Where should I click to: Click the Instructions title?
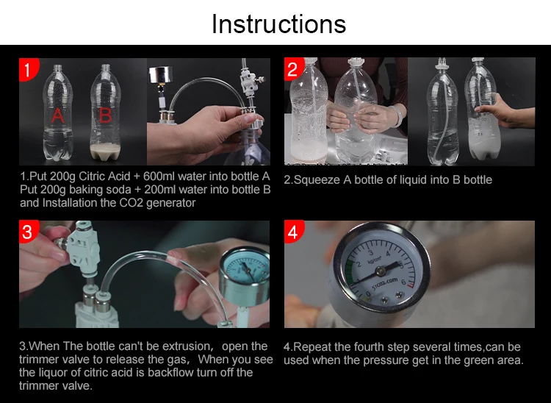(x=278, y=24)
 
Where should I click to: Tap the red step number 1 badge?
(x=28, y=69)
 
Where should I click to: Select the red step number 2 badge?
(x=293, y=69)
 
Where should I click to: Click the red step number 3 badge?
(x=28, y=232)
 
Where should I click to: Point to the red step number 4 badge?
(x=293, y=232)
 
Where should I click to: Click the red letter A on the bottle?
(x=58, y=115)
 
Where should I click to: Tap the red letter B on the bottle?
(x=105, y=115)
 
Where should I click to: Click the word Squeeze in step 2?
(x=317, y=180)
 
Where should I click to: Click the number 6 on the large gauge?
(x=403, y=282)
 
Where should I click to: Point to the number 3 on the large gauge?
(x=370, y=252)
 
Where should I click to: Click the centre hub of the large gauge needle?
(x=381, y=271)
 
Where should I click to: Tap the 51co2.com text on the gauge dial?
(x=385, y=283)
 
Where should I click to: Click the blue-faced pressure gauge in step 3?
(x=245, y=275)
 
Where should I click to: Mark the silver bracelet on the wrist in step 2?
(x=397, y=115)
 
